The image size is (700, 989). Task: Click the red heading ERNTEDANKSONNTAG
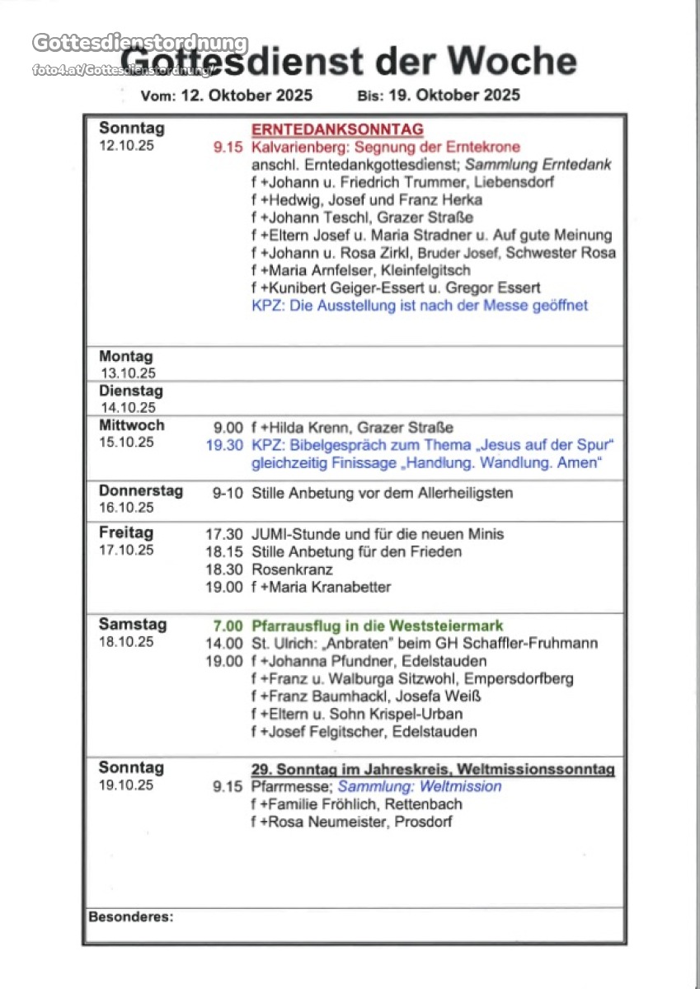click(x=337, y=129)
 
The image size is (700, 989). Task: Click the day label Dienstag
click(x=131, y=391)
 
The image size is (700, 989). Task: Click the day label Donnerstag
click(x=141, y=490)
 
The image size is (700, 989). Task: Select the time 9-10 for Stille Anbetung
click(x=228, y=493)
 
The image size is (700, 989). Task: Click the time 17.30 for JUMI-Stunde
click(x=224, y=534)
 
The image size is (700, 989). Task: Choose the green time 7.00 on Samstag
click(x=228, y=626)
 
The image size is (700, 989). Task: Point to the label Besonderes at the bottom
click(x=130, y=916)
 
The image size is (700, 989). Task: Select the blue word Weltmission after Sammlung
click(x=460, y=786)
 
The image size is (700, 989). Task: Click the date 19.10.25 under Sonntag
click(x=126, y=785)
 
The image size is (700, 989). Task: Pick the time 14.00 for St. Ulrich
click(x=224, y=643)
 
